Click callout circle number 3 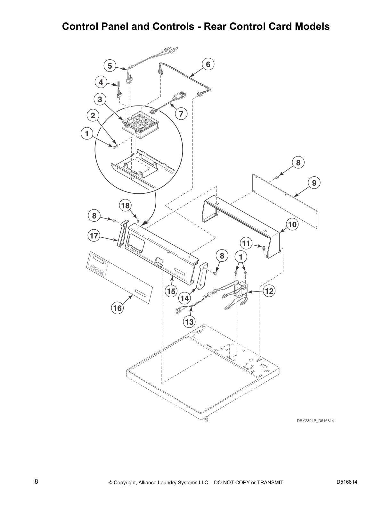pos(100,99)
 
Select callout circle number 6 pos(208,64)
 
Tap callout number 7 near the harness pos(181,114)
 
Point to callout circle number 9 pos(314,183)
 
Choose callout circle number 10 pos(292,224)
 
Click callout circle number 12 pos(269,291)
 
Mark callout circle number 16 pos(118,308)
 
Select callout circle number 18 pos(126,205)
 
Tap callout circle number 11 pos(246,244)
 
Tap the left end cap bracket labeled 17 pos(122,233)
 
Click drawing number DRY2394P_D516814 pos(315,421)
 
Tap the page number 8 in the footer pos(37,481)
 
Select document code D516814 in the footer pos(347,482)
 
